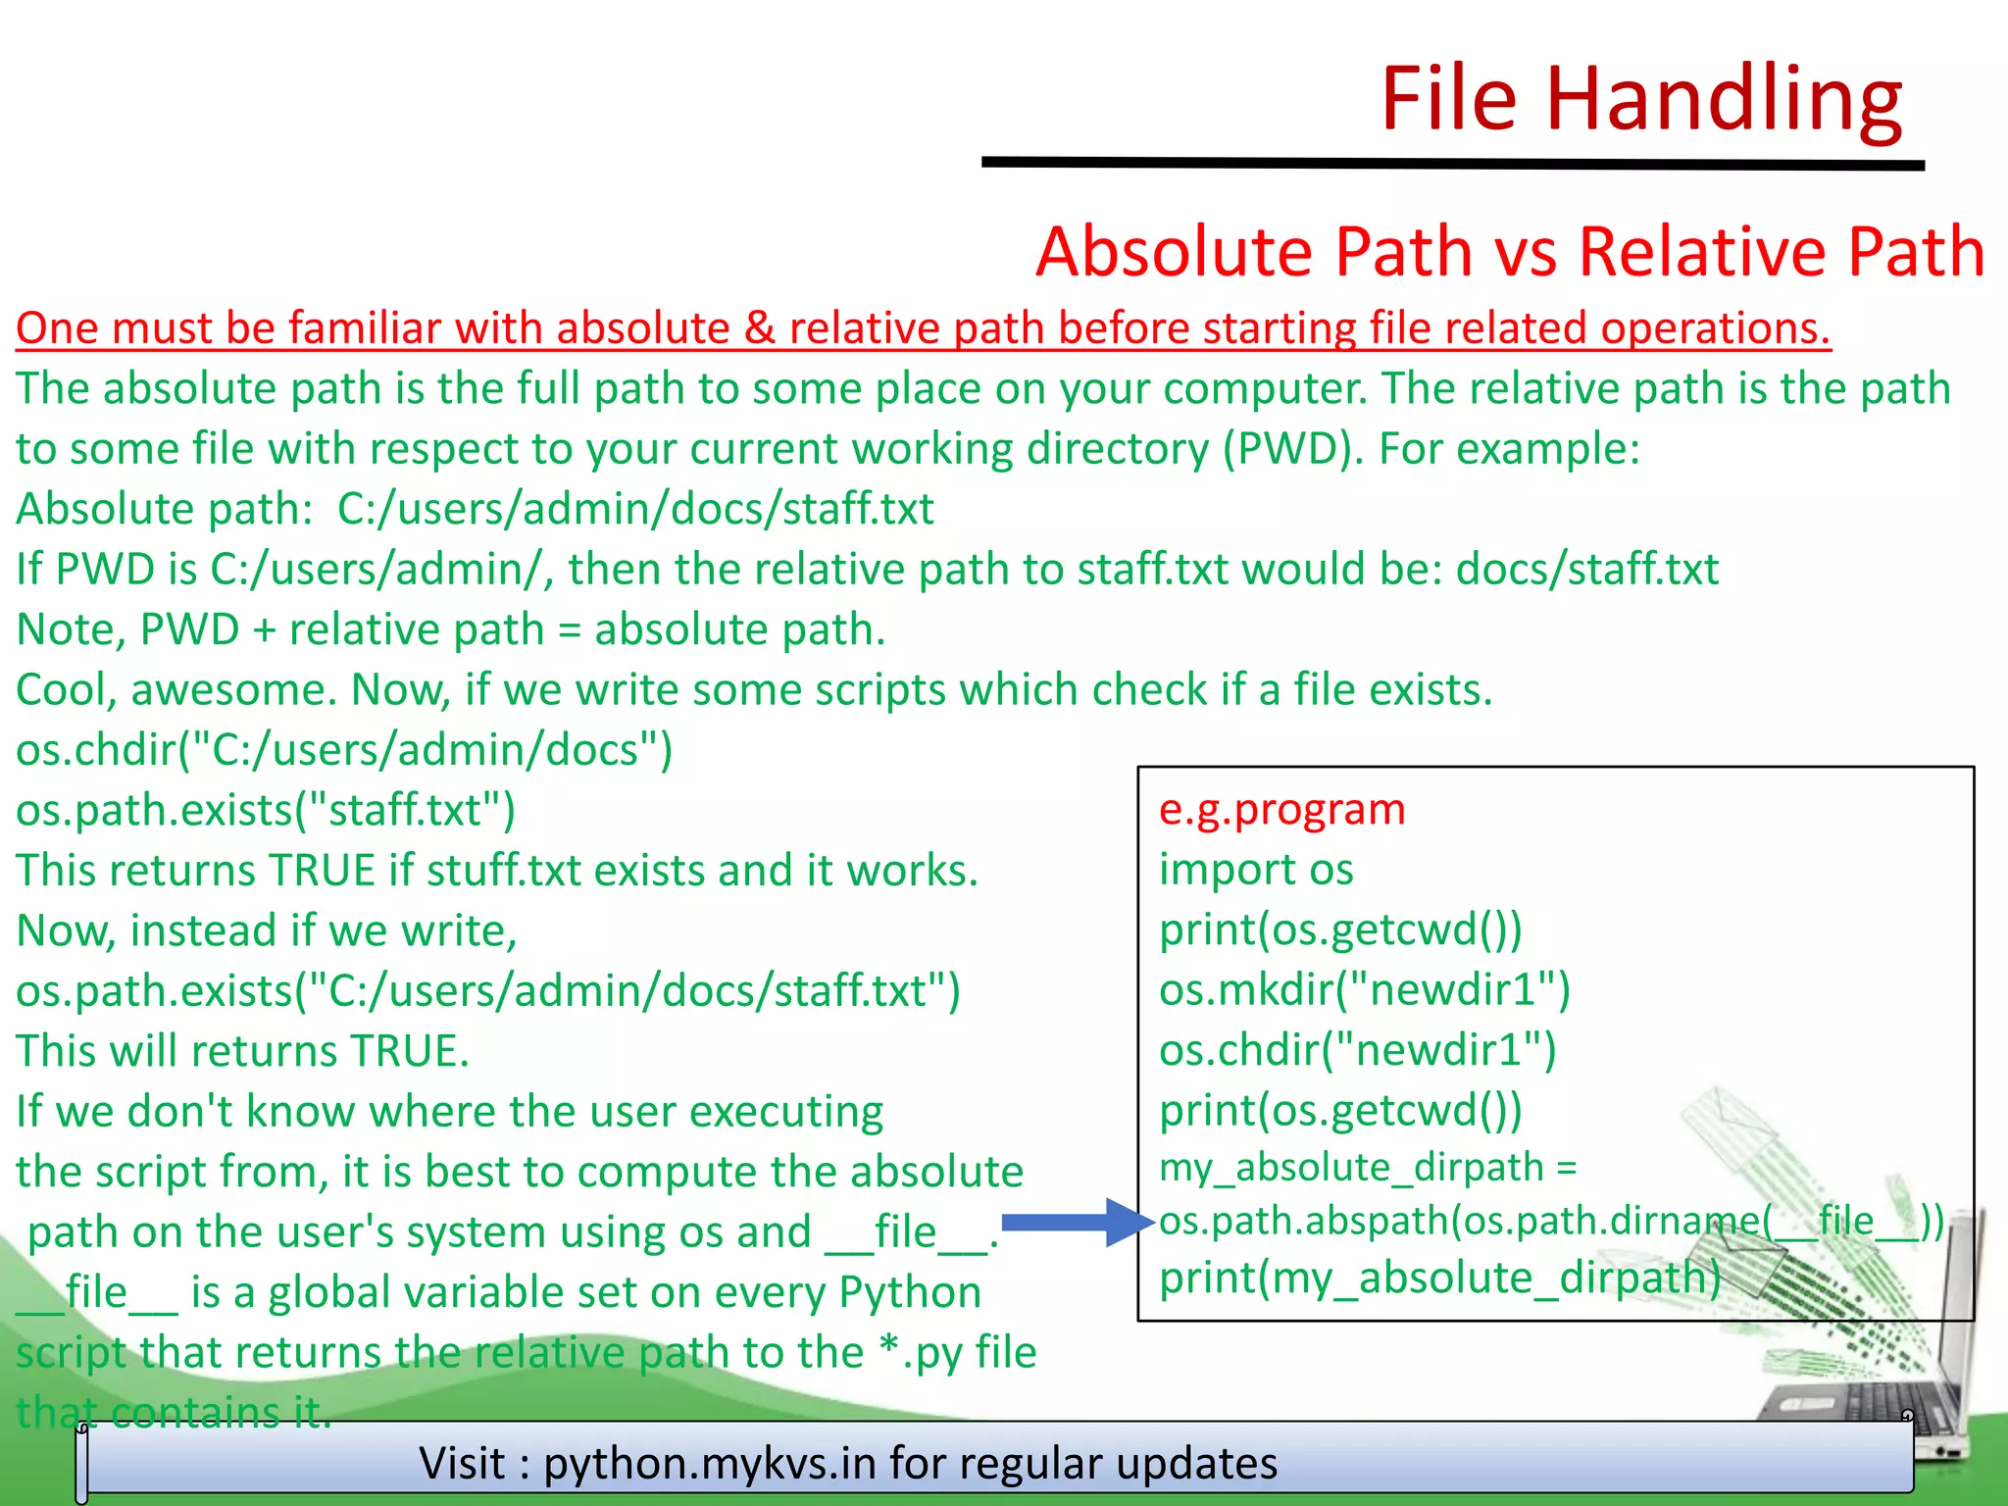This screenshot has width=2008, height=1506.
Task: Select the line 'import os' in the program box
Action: click(x=1256, y=870)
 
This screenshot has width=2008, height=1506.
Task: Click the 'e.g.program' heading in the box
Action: click(x=1281, y=810)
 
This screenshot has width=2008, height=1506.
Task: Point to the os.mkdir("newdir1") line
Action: click(x=1364, y=989)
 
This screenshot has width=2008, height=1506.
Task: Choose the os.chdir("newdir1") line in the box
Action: click(x=1357, y=1050)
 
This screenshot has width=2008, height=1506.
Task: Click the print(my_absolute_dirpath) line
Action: click(x=1439, y=1278)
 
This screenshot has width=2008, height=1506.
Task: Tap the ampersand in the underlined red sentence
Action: click(x=759, y=328)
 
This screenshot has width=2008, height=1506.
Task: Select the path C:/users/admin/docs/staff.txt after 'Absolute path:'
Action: click(x=635, y=509)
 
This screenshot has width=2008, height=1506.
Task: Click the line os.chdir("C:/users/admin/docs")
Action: click(x=344, y=750)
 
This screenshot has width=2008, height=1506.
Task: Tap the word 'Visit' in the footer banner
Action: click(x=462, y=1463)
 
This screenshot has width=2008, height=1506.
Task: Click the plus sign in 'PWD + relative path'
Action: click(x=264, y=630)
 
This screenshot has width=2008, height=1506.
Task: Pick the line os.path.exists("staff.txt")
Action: click(x=266, y=811)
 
